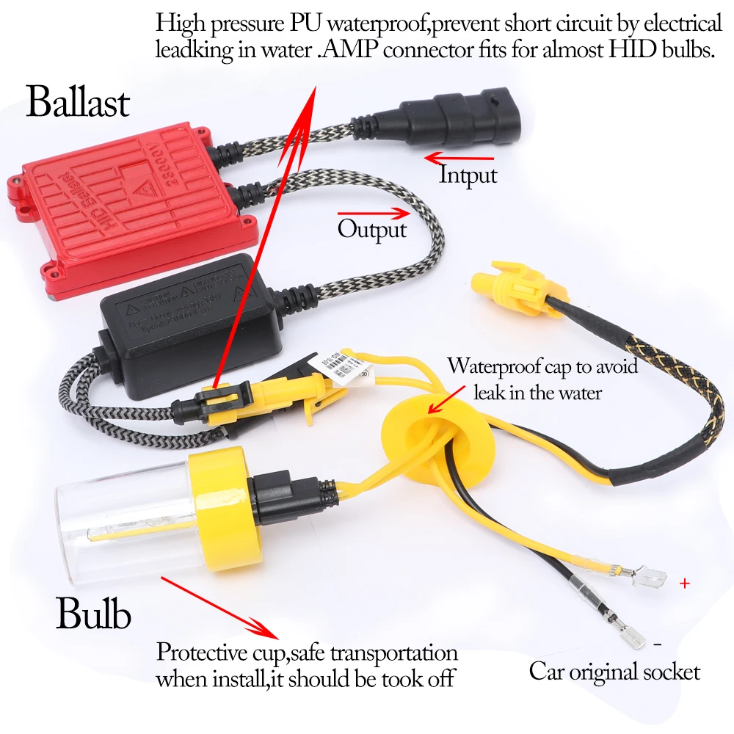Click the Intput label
(468, 175)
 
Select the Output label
(371, 229)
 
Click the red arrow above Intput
(459, 157)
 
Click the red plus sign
(685, 584)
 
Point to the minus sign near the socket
(657, 644)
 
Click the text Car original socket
(614, 671)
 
